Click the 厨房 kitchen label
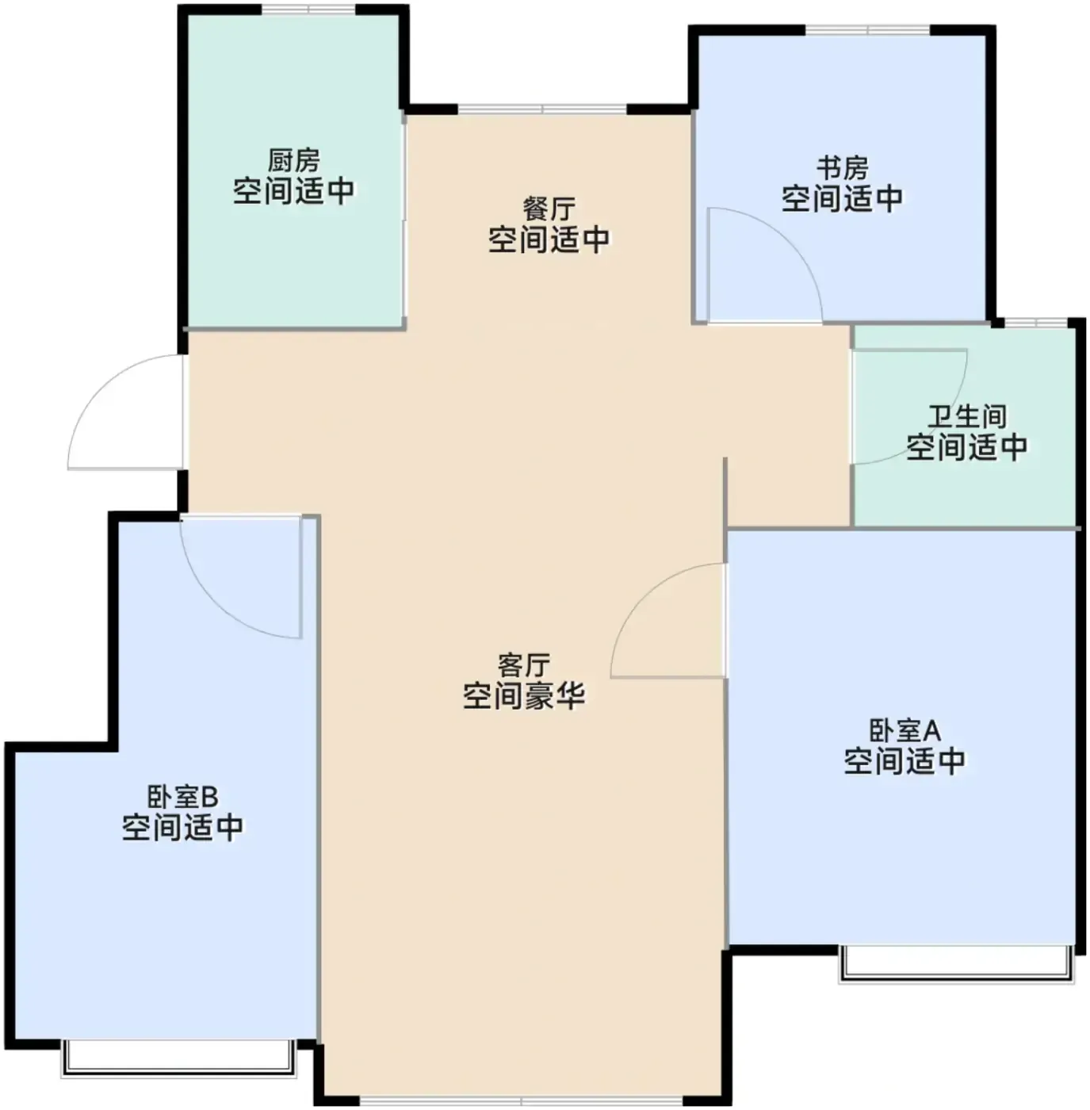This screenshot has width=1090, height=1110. [x=293, y=161]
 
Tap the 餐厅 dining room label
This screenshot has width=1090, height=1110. [x=549, y=209]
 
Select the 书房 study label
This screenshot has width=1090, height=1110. [x=842, y=168]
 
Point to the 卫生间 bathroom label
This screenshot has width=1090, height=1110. [x=967, y=416]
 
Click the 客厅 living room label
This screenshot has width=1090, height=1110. [x=524, y=665]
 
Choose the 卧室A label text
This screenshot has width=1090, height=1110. [x=905, y=731]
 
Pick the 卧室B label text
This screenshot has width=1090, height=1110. [x=182, y=798]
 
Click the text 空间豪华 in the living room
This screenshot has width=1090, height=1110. [x=524, y=696]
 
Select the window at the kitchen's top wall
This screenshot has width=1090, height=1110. [x=309, y=9]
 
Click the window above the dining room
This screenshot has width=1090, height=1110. [x=542, y=109]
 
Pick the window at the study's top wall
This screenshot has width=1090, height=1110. [x=867, y=30]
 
